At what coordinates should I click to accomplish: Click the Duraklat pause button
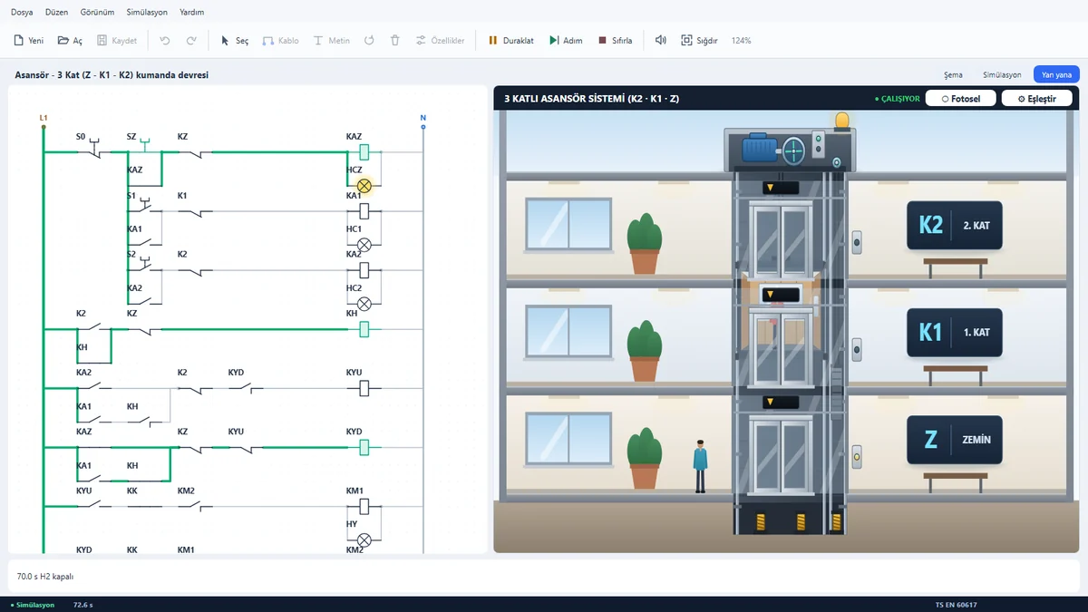[511, 40]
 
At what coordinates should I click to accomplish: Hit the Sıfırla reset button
[616, 40]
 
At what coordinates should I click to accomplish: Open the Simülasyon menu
[147, 12]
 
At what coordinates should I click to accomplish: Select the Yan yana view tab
[1056, 74]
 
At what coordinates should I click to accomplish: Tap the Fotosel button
[961, 99]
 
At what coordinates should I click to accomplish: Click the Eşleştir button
[1037, 99]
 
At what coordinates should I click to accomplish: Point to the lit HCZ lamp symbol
[364, 186]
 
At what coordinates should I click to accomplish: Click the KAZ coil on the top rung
[364, 152]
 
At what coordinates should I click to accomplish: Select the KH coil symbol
[364, 330]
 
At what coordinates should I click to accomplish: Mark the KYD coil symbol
[364, 448]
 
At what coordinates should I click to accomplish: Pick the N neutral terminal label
[423, 118]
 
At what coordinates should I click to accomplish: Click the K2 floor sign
[955, 226]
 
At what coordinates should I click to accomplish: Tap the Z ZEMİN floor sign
[955, 440]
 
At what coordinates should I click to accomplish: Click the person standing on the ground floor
[700, 466]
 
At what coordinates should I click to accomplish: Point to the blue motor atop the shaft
[760, 147]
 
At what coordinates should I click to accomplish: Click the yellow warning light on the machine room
[841, 121]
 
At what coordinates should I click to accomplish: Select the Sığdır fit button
[699, 40]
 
